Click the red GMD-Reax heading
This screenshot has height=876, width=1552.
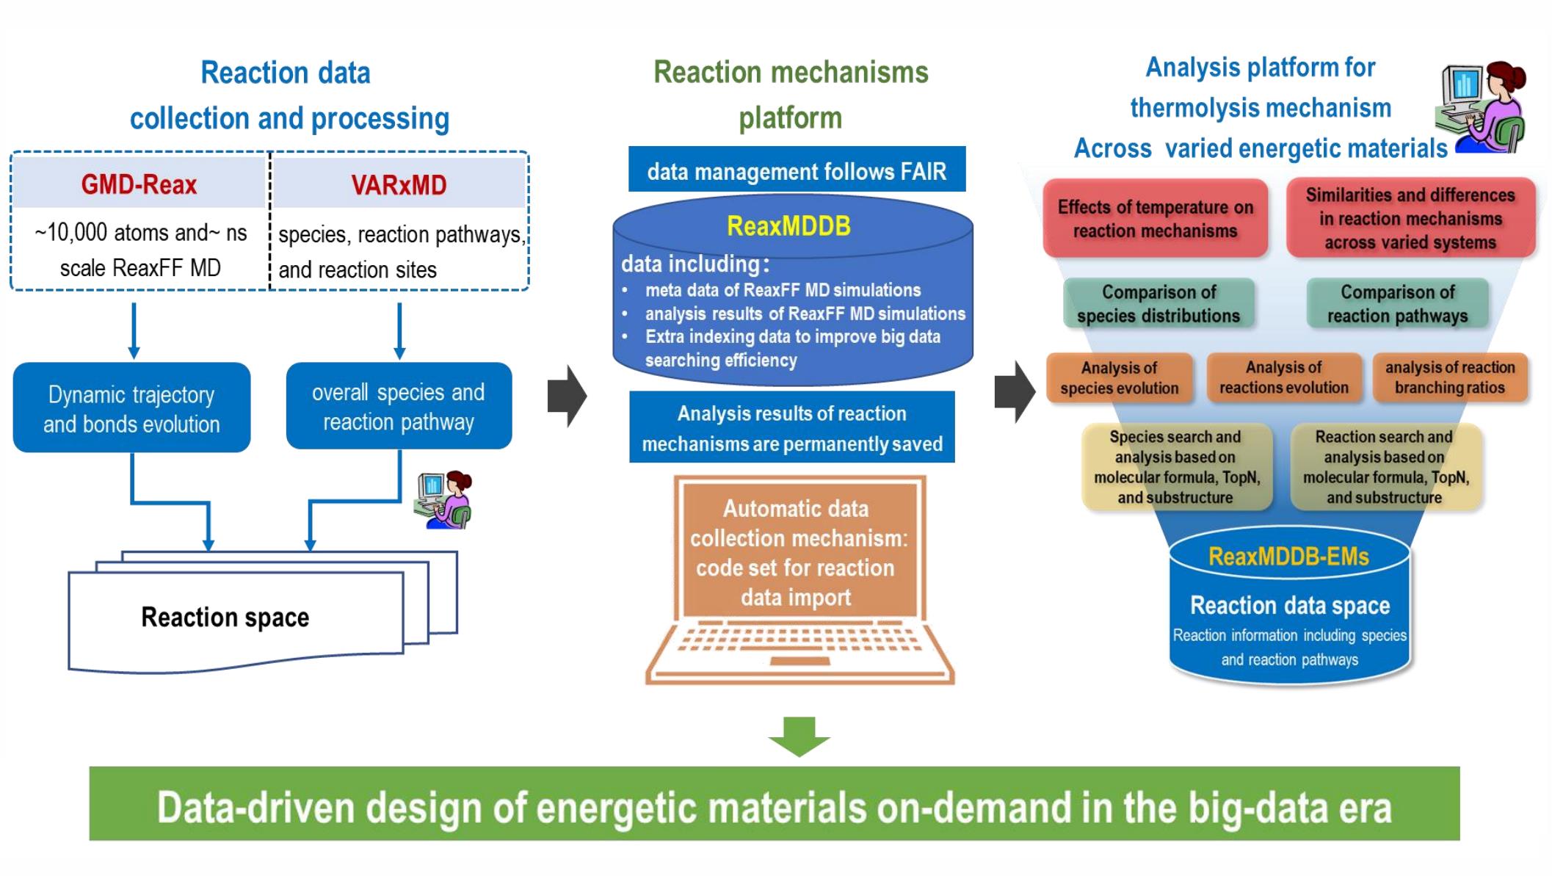pyautogui.click(x=139, y=184)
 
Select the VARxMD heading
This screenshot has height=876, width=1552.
pyautogui.click(x=399, y=185)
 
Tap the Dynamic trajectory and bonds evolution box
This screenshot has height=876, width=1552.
pyautogui.click(x=131, y=408)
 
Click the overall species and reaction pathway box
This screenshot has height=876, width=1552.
pyautogui.click(x=399, y=407)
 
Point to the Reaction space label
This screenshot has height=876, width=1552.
pyautogui.click(x=225, y=618)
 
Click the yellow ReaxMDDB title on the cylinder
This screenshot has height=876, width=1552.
pyautogui.click(x=788, y=226)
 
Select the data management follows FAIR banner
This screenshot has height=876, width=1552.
pyautogui.click(x=797, y=171)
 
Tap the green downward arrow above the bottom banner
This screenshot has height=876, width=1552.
pyautogui.click(x=799, y=736)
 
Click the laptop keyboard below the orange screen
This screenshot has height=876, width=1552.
pyautogui.click(x=799, y=641)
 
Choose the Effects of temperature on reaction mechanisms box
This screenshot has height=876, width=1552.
pyautogui.click(x=1155, y=219)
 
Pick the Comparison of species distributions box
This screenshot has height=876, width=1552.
pyautogui.click(x=1158, y=304)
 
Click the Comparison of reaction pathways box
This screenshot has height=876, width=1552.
pyautogui.click(x=1397, y=304)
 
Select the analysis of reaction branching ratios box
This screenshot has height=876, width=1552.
pyautogui.click(x=1449, y=377)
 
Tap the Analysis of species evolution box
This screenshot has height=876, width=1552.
pyautogui.click(x=1119, y=378)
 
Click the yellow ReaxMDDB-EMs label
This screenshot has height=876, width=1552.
pyautogui.click(x=1288, y=557)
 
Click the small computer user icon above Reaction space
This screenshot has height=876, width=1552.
pyautogui.click(x=443, y=500)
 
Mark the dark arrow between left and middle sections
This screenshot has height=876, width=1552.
pyautogui.click(x=567, y=397)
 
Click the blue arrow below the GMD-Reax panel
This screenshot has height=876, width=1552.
pyautogui.click(x=134, y=330)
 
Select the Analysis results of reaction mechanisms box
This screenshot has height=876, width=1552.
pyautogui.click(x=791, y=428)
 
